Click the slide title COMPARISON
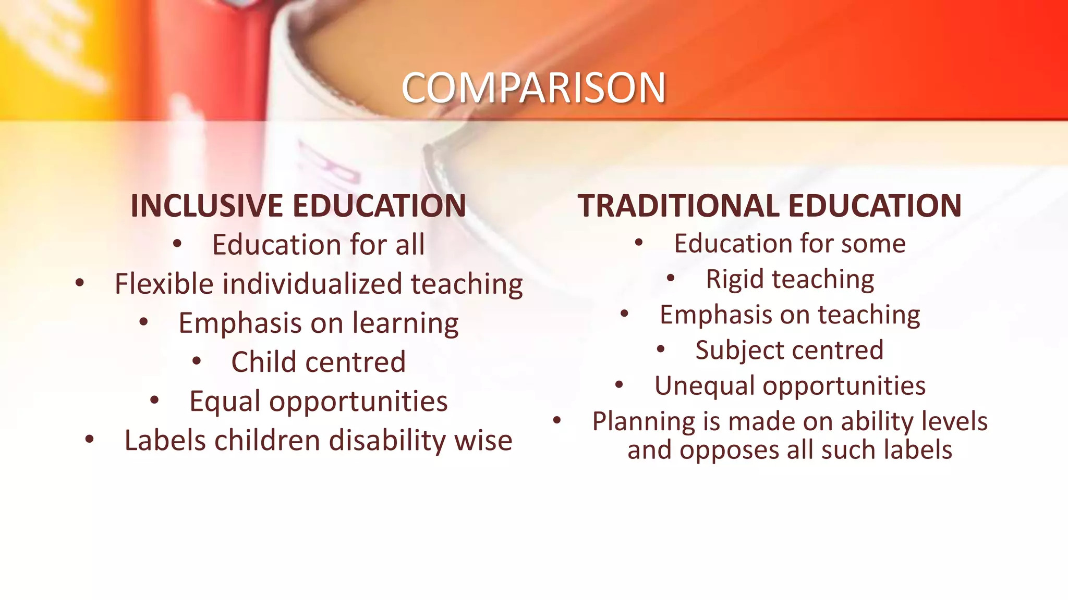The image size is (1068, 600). coord(533,87)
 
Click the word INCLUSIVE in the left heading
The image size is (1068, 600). coord(207,205)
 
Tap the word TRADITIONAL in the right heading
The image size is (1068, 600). coord(678,205)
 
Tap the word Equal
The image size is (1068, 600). coord(225,402)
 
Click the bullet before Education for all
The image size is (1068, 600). coord(177,243)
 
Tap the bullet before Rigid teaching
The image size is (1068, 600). coord(671,278)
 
